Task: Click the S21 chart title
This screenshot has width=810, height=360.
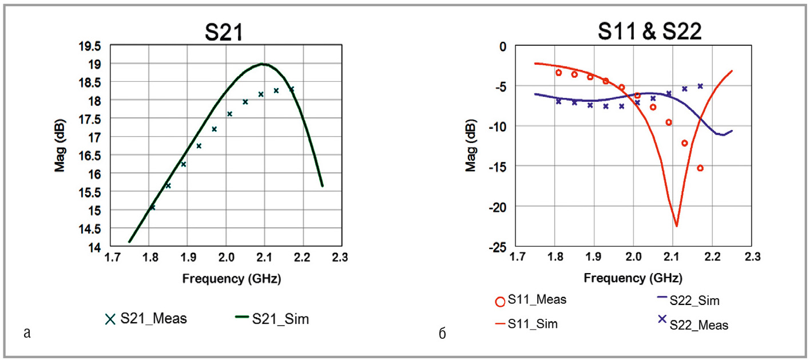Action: coord(224,32)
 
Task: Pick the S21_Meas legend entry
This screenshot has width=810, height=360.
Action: coord(146,319)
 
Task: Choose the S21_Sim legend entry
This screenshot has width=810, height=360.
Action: coord(272,319)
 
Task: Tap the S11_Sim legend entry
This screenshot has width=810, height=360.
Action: coord(527,324)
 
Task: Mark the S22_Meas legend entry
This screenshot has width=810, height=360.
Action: coord(693,324)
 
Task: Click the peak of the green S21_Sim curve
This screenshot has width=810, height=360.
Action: coord(263,64)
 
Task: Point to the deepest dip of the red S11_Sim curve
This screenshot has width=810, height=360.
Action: coord(676,226)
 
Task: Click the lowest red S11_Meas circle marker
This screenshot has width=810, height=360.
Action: coord(700,168)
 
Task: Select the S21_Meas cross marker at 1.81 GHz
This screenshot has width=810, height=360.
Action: coord(153,207)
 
